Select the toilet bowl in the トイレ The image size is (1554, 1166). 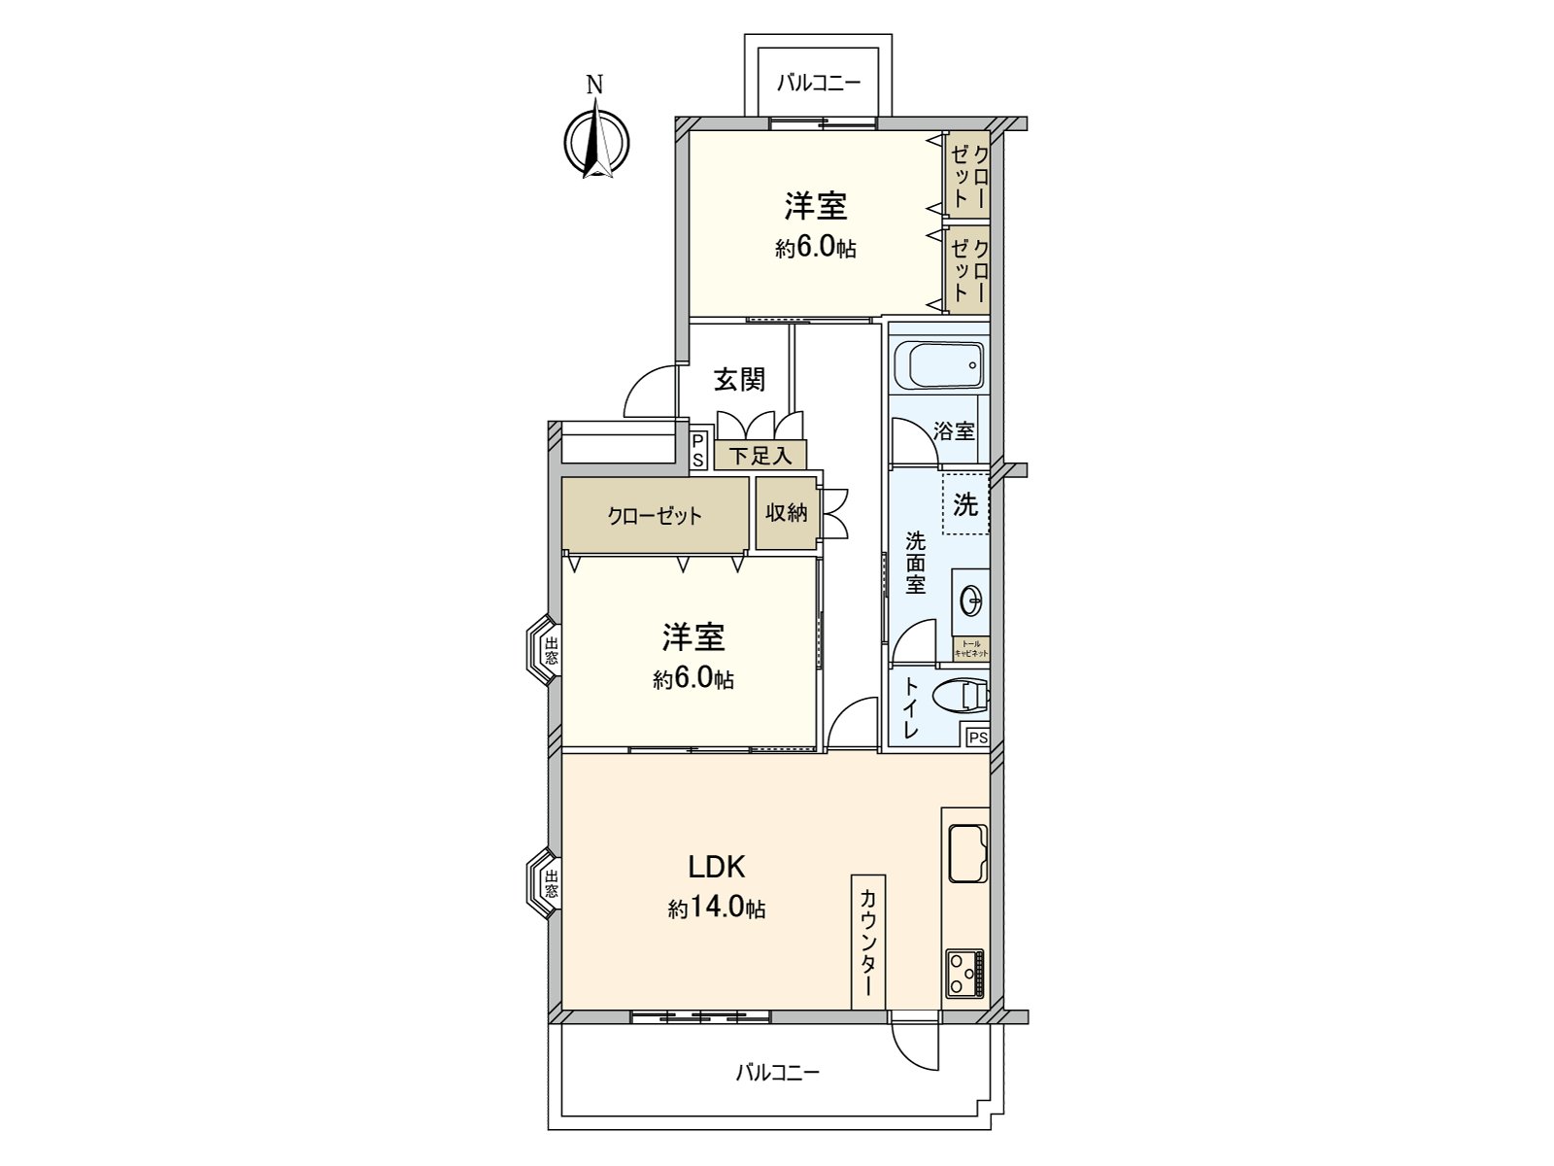(x=959, y=696)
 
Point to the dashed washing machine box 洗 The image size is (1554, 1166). (x=965, y=504)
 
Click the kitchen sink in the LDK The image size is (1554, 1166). (x=966, y=853)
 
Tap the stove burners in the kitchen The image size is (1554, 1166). (x=964, y=973)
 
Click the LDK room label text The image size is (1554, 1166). (x=716, y=865)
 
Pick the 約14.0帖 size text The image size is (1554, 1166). (x=716, y=909)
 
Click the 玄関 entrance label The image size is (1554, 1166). (x=739, y=379)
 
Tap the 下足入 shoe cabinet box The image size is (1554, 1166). (x=760, y=455)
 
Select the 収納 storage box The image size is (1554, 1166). (x=786, y=512)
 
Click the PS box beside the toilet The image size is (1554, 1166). (x=977, y=737)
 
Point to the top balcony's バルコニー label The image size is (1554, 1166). (x=818, y=83)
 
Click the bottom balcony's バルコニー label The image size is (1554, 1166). (x=777, y=1073)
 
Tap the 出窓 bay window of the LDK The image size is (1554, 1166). (x=545, y=883)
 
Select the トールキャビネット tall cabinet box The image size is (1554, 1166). (x=970, y=649)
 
